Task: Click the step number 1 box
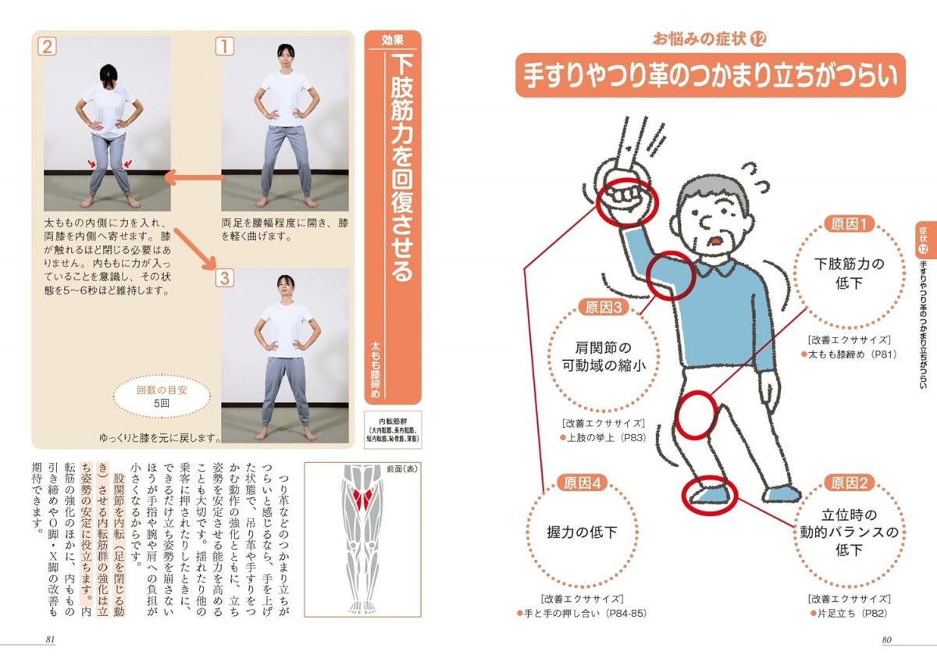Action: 224,47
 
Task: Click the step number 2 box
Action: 48,47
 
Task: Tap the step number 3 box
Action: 224,277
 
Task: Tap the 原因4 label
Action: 582,483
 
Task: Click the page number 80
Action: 886,640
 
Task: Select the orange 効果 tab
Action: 393,41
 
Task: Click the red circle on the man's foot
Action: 709,494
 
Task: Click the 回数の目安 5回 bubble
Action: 161,397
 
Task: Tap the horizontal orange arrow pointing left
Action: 192,180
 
